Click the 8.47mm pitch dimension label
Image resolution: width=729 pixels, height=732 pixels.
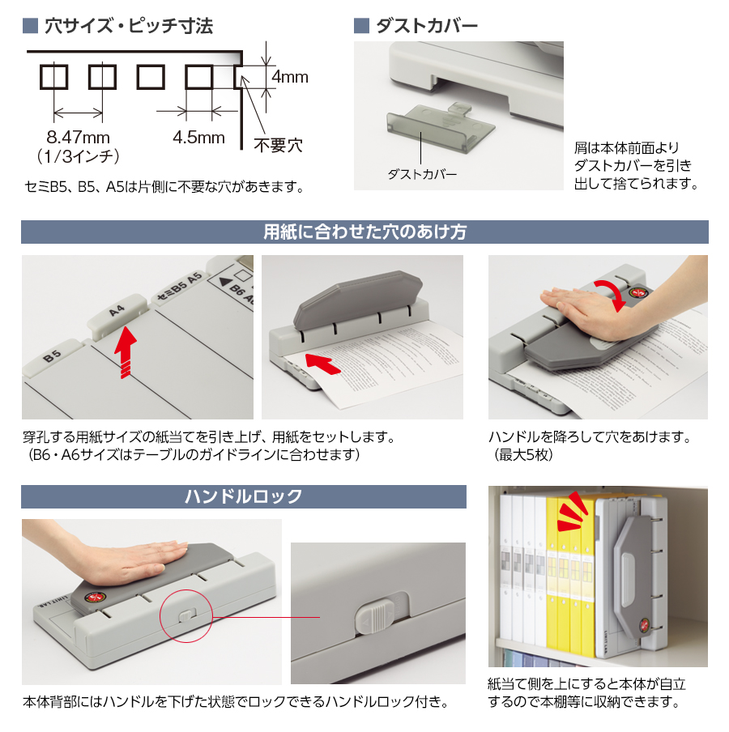[x=78, y=137]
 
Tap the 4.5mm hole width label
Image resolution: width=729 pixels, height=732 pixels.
[x=198, y=137]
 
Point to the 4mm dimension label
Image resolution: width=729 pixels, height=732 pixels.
[x=289, y=78]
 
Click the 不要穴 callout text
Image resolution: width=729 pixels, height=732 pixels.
[x=278, y=146]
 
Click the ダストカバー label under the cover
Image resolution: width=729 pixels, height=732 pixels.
[x=422, y=174]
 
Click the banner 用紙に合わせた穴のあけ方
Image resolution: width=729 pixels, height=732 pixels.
[x=364, y=232]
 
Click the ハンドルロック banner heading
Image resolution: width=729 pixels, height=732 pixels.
[x=244, y=496]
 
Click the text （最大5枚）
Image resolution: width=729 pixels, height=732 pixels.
[x=522, y=455]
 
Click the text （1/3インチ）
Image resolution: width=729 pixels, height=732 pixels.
[x=79, y=155]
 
